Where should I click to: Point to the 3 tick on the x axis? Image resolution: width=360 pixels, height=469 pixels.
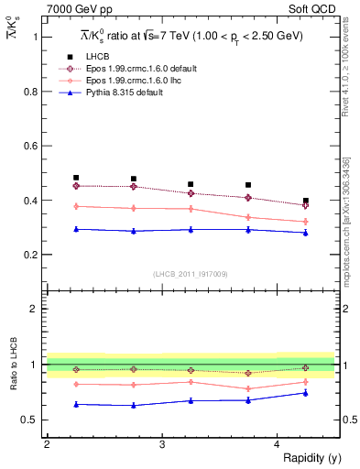tap(161, 444)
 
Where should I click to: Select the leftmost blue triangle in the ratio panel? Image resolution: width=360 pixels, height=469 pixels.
tap(76, 404)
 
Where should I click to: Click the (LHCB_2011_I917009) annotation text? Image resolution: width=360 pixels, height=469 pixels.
tap(190, 273)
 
